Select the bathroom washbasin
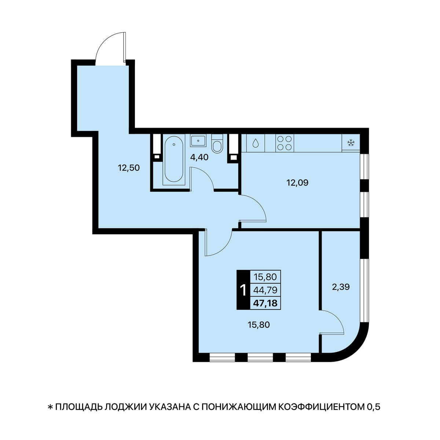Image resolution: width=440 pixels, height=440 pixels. (x=198, y=140)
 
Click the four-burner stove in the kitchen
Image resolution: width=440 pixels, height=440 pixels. (x=284, y=143)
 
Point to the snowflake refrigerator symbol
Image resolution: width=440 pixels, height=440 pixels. (x=351, y=143)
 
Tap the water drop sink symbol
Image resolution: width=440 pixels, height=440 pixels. (x=256, y=143)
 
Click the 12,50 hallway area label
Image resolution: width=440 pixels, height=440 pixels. (x=129, y=168)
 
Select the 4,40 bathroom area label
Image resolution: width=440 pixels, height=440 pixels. (x=199, y=157)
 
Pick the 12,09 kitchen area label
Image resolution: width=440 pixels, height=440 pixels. (x=297, y=183)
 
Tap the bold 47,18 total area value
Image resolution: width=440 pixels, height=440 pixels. (x=265, y=303)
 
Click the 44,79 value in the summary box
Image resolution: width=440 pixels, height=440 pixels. (x=265, y=290)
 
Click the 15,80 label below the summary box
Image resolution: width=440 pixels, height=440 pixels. (x=259, y=324)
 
